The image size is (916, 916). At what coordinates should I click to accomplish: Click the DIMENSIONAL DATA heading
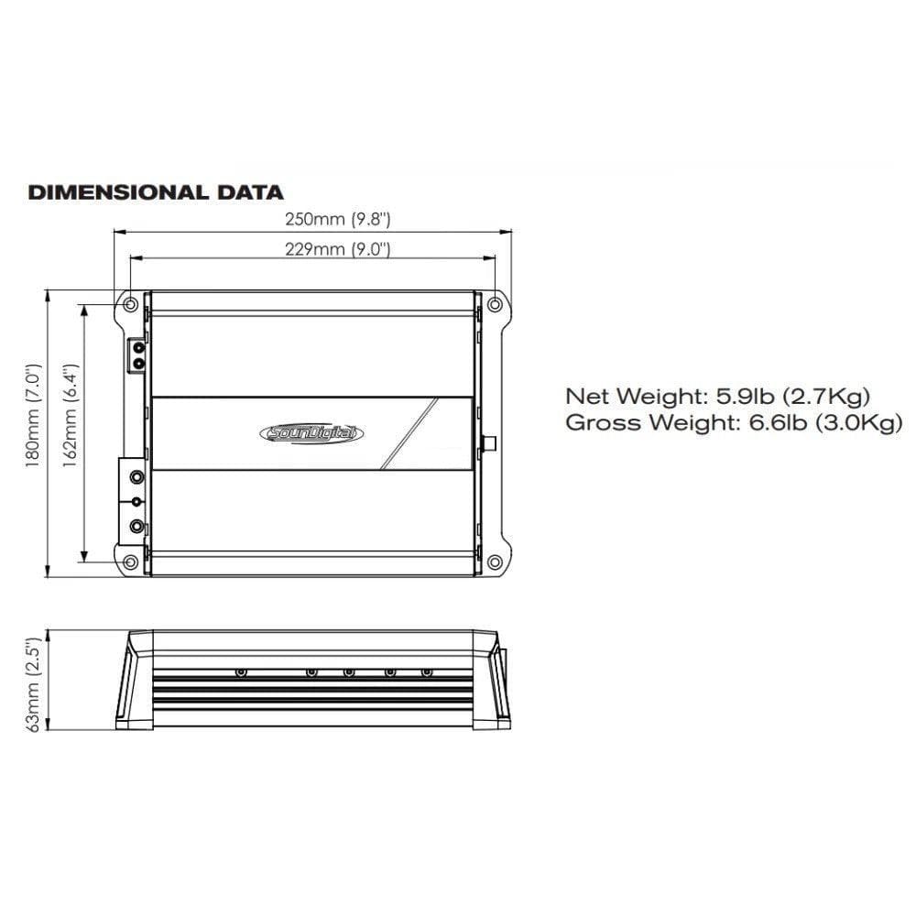(156, 192)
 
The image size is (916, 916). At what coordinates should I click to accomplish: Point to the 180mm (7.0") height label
(34, 420)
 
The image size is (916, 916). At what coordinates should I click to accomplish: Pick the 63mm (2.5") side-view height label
(34, 685)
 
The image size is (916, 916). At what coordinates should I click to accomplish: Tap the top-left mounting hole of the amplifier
(130, 304)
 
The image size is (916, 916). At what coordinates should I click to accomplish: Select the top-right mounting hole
(495, 304)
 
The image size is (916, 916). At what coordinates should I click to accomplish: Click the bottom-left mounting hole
(130, 561)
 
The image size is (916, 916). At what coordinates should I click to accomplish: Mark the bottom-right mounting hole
(495, 561)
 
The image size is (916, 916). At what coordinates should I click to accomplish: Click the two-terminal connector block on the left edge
(137, 355)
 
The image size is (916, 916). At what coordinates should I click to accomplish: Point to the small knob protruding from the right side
(490, 443)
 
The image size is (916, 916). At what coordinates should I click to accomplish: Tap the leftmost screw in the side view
(240, 672)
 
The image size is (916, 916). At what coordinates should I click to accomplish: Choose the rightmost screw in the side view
(426, 672)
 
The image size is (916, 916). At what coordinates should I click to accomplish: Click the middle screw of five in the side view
(349, 672)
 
